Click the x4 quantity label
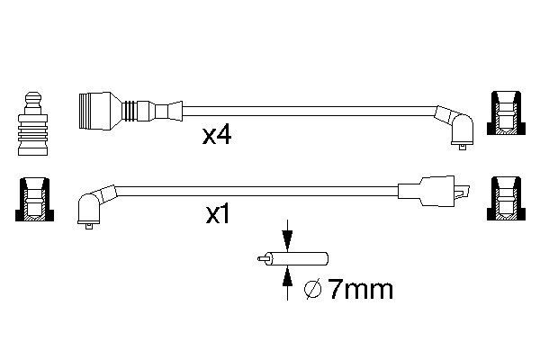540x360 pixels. click(217, 135)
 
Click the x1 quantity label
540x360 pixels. click(217, 214)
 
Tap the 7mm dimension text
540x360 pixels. click(360, 289)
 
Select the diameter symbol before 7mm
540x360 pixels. click(312, 290)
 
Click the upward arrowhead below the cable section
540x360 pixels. click(287, 276)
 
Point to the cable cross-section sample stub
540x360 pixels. click(292, 258)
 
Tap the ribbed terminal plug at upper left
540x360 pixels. click(32, 124)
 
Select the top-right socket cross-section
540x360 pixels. click(506, 113)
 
